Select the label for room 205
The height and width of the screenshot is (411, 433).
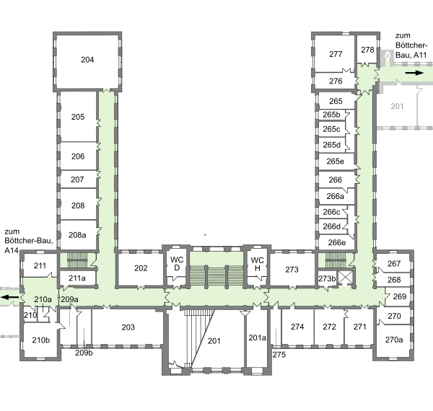pyautogui.click(x=78, y=117)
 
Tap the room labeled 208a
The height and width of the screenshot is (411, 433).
pyautogui.click(x=77, y=235)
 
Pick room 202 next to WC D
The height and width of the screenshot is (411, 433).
pyautogui.click(x=141, y=268)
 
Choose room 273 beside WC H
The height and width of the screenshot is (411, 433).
pyautogui.click(x=292, y=270)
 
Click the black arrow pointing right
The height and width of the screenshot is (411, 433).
pyautogui.click(x=414, y=73)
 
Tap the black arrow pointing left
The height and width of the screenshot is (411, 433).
pyautogui.click(x=9, y=297)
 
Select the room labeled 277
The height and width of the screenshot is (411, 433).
pyautogui.click(x=336, y=54)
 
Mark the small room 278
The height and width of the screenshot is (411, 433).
pyautogui.click(x=367, y=50)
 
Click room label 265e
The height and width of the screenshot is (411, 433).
pyautogui.click(x=336, y=162)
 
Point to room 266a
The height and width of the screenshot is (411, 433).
pyautogui.click(x=336, y=196)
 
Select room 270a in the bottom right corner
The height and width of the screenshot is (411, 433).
pyautogui.click(x=394, y=340)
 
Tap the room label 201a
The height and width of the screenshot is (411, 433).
pyautogui.click(x=257, y=338)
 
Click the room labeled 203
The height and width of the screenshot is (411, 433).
pyautogui.click(x=128, y=327)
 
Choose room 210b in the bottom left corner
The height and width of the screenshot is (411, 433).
pyautogui.click(x=41, y=340)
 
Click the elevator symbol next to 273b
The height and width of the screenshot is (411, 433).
pyautogui.click(x=346, y=278)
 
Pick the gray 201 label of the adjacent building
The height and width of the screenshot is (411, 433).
pyautogui.click(x=397, y=106)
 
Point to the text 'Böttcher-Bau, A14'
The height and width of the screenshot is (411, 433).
pyautogui.click(x=29, y=245)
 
